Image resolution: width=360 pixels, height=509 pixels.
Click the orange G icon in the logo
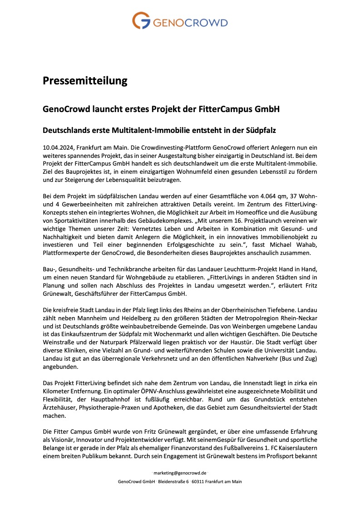[x=142, y=21]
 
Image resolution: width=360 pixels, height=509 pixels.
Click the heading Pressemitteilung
[x=85, y=81]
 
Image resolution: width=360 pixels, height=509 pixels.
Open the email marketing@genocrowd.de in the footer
[x=180, y=472]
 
